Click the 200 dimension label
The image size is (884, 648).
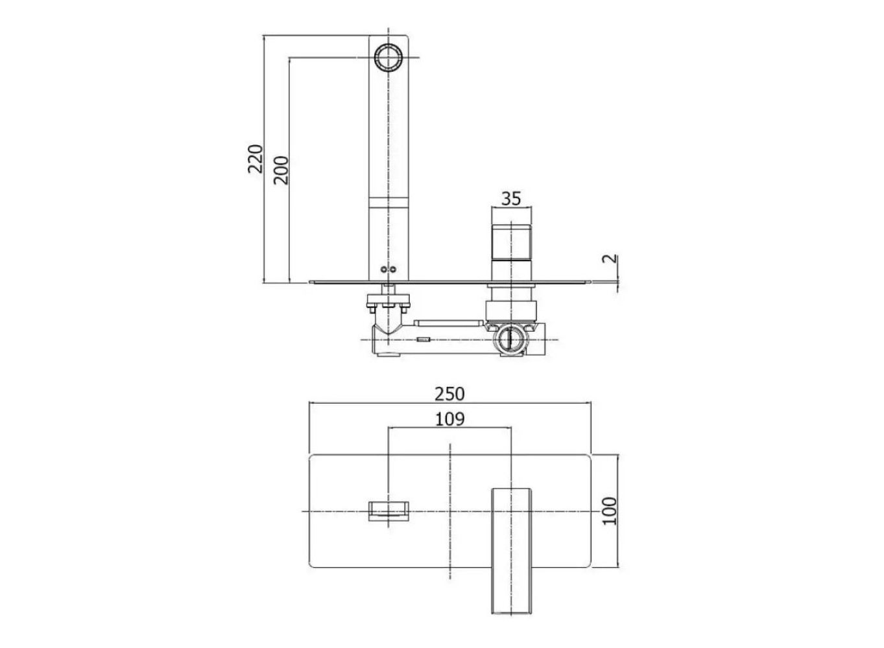coord(281,170)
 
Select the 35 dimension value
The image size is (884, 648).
coord(511,199)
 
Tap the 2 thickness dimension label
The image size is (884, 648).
coord(610,259)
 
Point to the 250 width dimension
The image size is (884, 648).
coord(449,394)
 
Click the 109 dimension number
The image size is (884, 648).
coord(449,419)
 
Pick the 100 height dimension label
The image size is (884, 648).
coord(610,511)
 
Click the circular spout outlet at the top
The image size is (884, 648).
coord(388,58)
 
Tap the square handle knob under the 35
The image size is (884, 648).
coord(511,243)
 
